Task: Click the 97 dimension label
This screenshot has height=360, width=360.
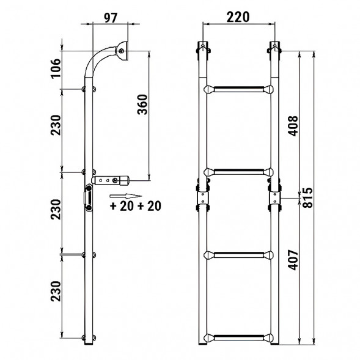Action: [111, 18]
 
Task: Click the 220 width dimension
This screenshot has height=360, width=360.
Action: [238, 17]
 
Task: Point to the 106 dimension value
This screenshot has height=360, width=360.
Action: [56, 68]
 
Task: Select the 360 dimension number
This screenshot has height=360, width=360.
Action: [142, 105]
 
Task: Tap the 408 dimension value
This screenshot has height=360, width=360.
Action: [293, 126]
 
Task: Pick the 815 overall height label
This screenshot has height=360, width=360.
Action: [307, 197]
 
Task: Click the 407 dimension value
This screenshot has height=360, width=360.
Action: [293, 260]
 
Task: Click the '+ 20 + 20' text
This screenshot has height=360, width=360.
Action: [136, 206]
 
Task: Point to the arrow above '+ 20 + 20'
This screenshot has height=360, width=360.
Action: [125, 196]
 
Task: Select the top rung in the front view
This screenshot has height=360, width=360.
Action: [238, 89]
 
